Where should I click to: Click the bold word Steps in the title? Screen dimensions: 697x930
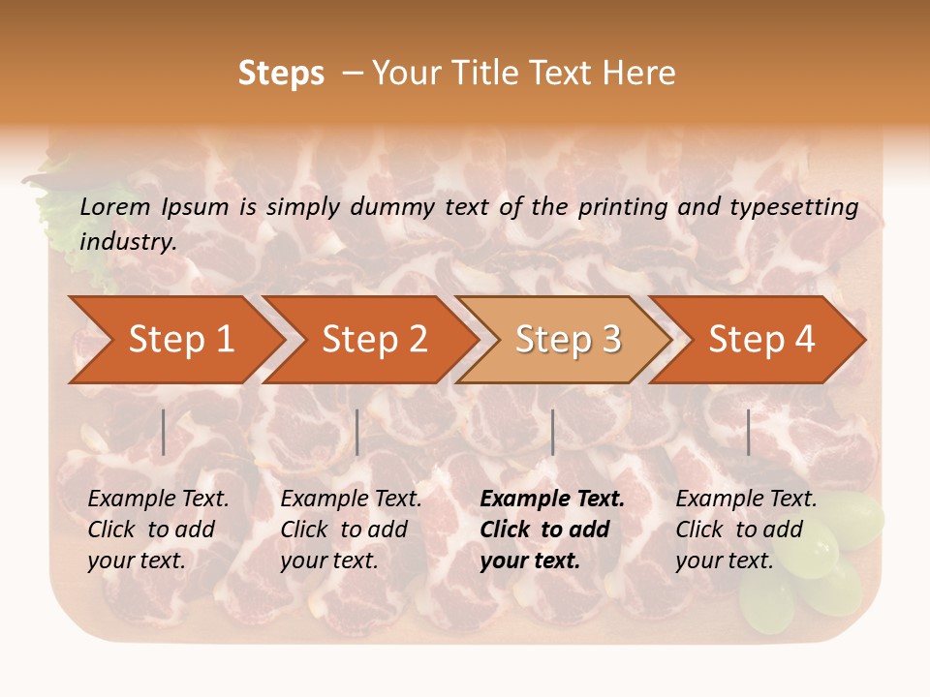click(x=281, y=74)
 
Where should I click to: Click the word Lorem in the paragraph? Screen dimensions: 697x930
click(x=115, y=206)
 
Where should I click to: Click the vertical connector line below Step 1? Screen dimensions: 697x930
click(x=164, y=432)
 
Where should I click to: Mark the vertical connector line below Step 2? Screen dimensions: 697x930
click(x=357, y=432)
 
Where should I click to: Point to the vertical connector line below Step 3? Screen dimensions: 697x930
click(x=552, y=432)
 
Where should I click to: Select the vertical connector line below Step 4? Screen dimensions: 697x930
click(x=748, y=432)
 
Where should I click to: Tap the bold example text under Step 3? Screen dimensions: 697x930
click(x=551, y=530)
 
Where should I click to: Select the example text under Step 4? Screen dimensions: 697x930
click(x=746, y=530)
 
